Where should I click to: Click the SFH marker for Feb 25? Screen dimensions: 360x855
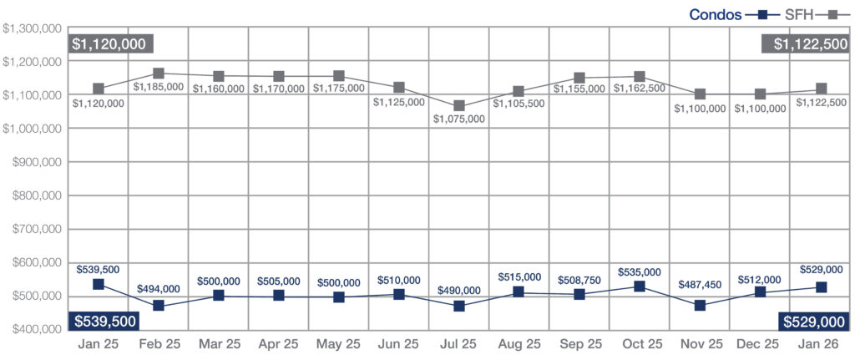pyautogui.click(x=159, y=74)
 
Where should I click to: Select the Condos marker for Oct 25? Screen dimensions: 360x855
pyautogui.click(x=640, y=286)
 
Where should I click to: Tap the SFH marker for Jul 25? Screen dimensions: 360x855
pyautogui.click(x=459, y=106)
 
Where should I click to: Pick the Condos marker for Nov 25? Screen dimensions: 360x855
pyautogui.click(x=700, y=306)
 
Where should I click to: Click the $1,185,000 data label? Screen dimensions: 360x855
pyautogui.click(x=158, y=86)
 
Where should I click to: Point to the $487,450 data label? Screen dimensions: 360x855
pyautogui.click(x=700, y=285)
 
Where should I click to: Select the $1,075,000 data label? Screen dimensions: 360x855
pyautogui.click(x=458, y=119)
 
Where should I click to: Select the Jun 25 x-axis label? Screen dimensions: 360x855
pyautogui.click(x=398, y=344)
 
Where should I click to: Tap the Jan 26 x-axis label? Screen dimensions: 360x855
pyautogui.click(x=819, y=344)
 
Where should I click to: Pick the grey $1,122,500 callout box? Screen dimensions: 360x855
pyautogui.click(x=805, y=43)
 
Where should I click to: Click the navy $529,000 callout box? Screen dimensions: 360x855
pyautogui.click(x=813, y=321)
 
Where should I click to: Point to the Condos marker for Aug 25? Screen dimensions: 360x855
pyautogui.click(x=519, y=292)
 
